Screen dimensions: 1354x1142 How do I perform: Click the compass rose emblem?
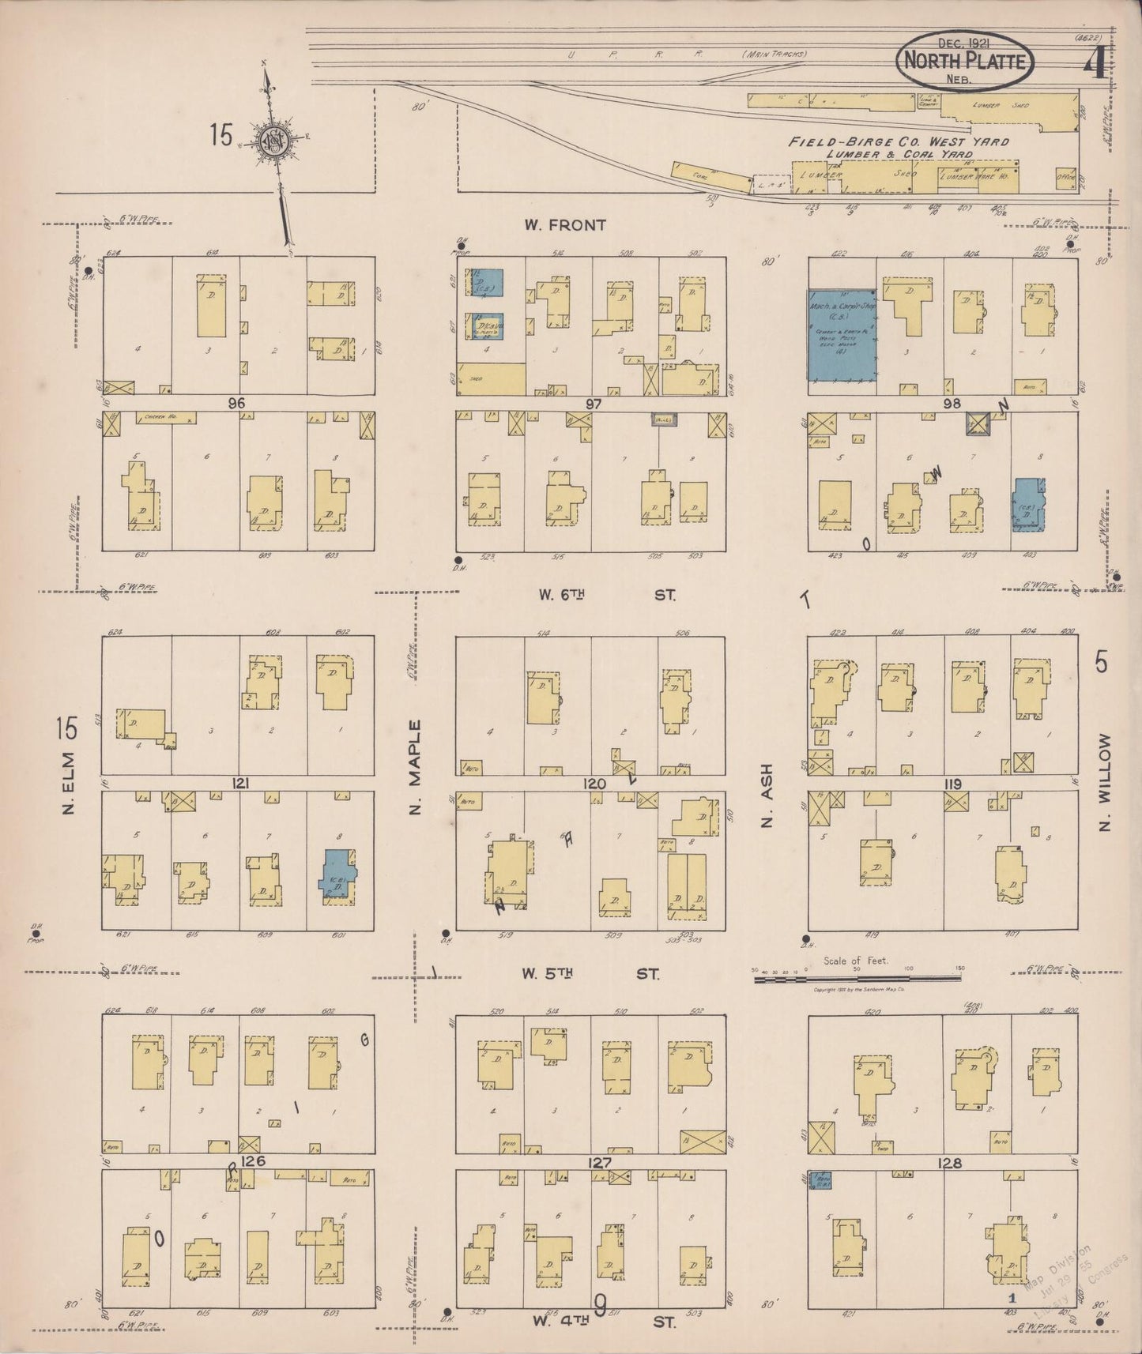pos(278,141)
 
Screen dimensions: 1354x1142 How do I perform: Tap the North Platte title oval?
pos(966,60)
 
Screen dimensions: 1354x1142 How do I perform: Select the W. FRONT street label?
pos(565,225)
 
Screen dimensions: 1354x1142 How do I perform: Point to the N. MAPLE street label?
pos(416,767)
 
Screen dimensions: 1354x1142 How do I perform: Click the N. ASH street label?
pos(766,795)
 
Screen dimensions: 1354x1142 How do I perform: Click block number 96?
pos(236,403)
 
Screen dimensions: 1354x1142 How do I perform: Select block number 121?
pos(241,783)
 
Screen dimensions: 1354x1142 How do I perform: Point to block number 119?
pos(952,784)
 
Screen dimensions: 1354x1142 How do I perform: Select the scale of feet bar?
pos(857,978)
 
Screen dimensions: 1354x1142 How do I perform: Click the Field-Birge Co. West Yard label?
pos(899,142)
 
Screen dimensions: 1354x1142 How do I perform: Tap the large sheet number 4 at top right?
pos(1095,64)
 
